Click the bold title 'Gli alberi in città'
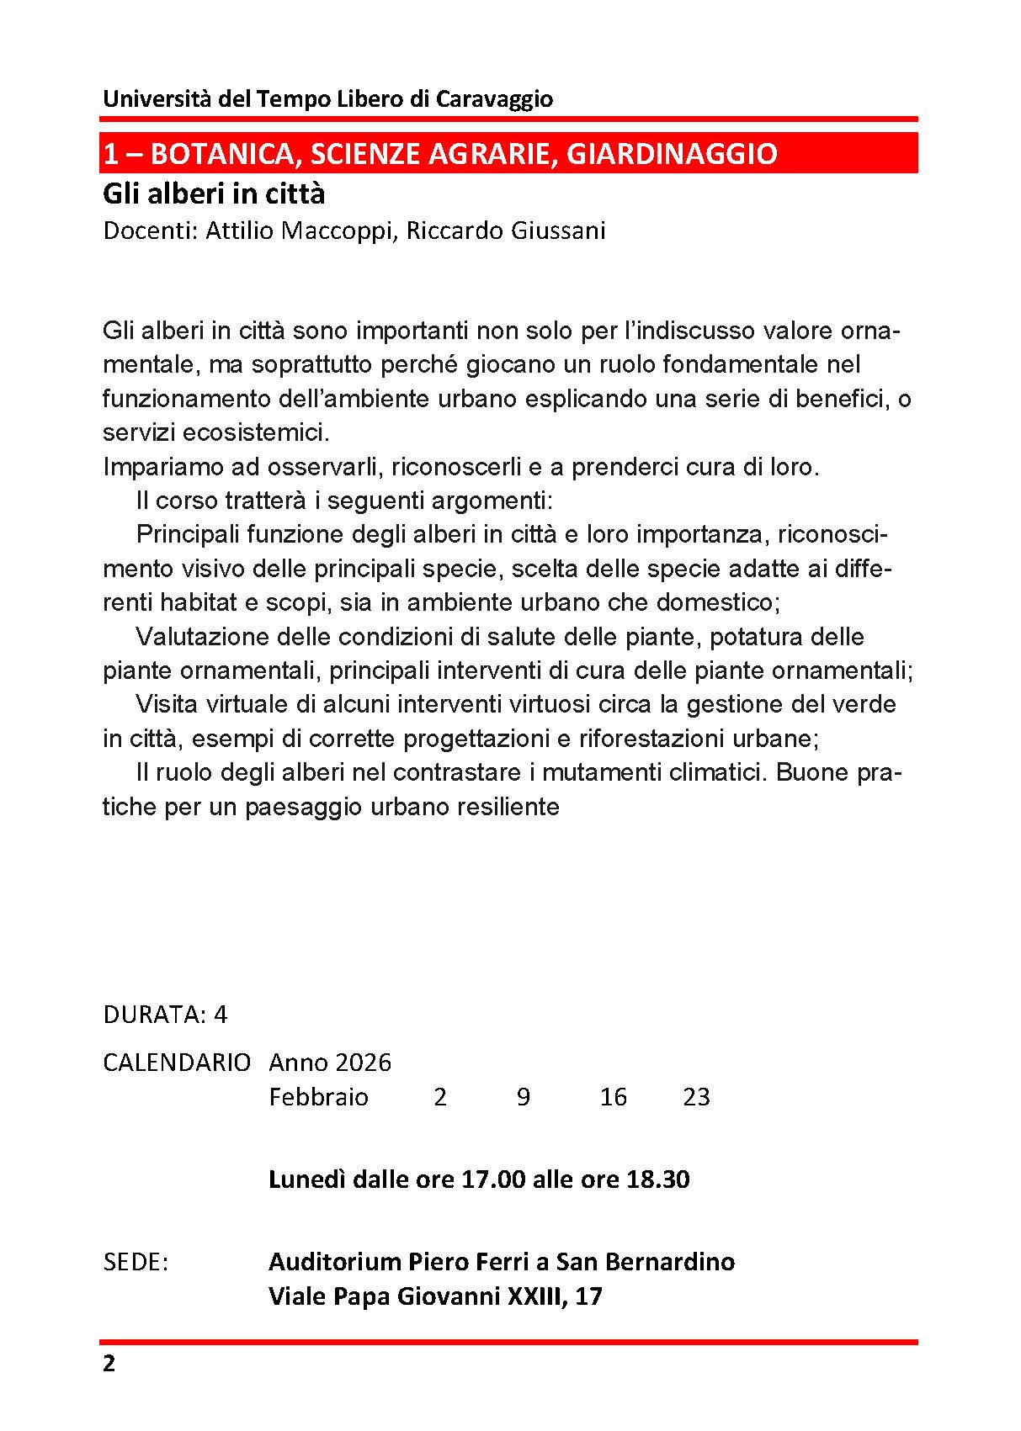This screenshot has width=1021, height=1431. point(214,194)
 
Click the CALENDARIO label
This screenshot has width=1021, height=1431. point(176,1063)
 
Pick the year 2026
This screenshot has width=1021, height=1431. point(363,1063)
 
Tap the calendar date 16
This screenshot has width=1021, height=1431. point(614,1097)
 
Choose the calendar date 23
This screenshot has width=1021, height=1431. point(697,1097)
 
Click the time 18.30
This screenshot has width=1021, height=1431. point(658,1179)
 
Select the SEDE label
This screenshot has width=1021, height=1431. point(135,1262)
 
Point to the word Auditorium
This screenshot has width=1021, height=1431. point(335,1262)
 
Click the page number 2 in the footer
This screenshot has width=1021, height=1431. point(109,1364)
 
